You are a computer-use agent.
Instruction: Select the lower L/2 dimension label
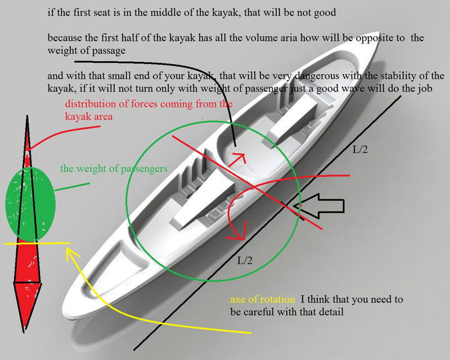(245, 260)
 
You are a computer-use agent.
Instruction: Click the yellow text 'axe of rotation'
(262, 299)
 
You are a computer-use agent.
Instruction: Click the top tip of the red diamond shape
(26, 116)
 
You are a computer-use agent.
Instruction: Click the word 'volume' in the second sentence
(233, 39)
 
